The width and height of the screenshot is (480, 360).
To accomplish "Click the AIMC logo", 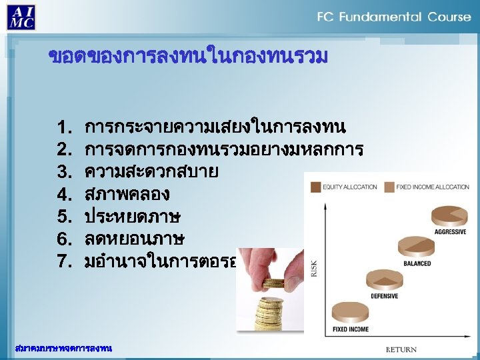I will click(21, 16).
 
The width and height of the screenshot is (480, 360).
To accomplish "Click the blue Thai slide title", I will click(189, 57).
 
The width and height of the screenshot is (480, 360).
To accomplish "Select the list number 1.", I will click(65, 127).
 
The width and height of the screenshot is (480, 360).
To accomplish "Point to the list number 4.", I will click(65, 195).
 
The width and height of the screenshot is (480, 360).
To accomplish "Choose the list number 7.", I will click(65, 261).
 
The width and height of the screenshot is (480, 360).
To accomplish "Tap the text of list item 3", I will click(151, 172).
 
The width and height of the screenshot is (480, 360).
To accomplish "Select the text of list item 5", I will click(133, 217).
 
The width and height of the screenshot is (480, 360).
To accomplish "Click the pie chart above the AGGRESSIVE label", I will click(450, 216).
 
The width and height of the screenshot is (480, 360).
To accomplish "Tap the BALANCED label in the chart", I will click(417, 263).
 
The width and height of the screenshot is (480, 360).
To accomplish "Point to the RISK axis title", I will click(314, 268).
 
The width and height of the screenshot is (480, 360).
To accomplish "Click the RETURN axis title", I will click(401, 349).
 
